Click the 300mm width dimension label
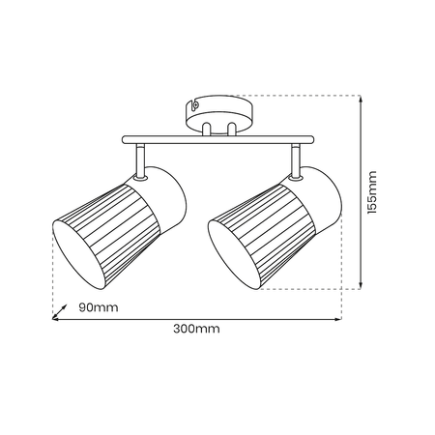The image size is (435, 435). coord(196,329)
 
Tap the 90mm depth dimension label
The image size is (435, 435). coord(99,307)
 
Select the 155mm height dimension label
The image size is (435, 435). coord(371,192)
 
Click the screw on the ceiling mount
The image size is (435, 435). coord(195,104)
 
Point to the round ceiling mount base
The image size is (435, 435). coord(219,114)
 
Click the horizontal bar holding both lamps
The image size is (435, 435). coord(217,139)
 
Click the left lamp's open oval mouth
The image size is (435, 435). coord(79,254)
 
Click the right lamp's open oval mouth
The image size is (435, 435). coord(234,254)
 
